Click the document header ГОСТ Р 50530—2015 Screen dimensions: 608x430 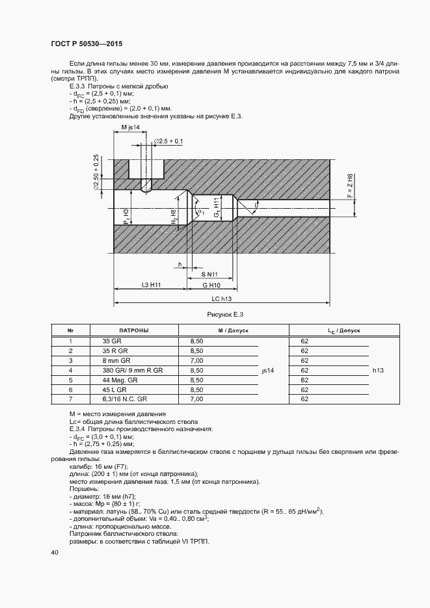pos(86,44)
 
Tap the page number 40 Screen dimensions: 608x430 pos(54,552)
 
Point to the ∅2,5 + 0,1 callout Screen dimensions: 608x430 pos(169,141)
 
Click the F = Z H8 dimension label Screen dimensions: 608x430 pos(349,187)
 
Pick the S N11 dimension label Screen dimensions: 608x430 pos(209,274)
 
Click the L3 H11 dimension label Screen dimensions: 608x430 pos(151,285)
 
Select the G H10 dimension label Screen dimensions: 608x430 pos(211,285)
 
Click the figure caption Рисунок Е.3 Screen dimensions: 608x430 pos(224,315)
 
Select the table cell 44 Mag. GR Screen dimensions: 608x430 pos(120,379)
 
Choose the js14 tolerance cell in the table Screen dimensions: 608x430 pos(268,370)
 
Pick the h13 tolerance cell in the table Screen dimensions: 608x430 pos(379,370)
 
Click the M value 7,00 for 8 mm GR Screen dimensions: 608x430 pos(196,360)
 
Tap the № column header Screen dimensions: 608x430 pos(70,330)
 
